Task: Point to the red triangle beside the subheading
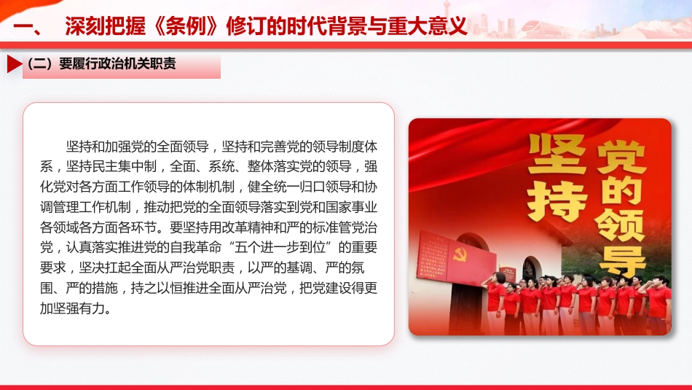[x=14, y=64]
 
